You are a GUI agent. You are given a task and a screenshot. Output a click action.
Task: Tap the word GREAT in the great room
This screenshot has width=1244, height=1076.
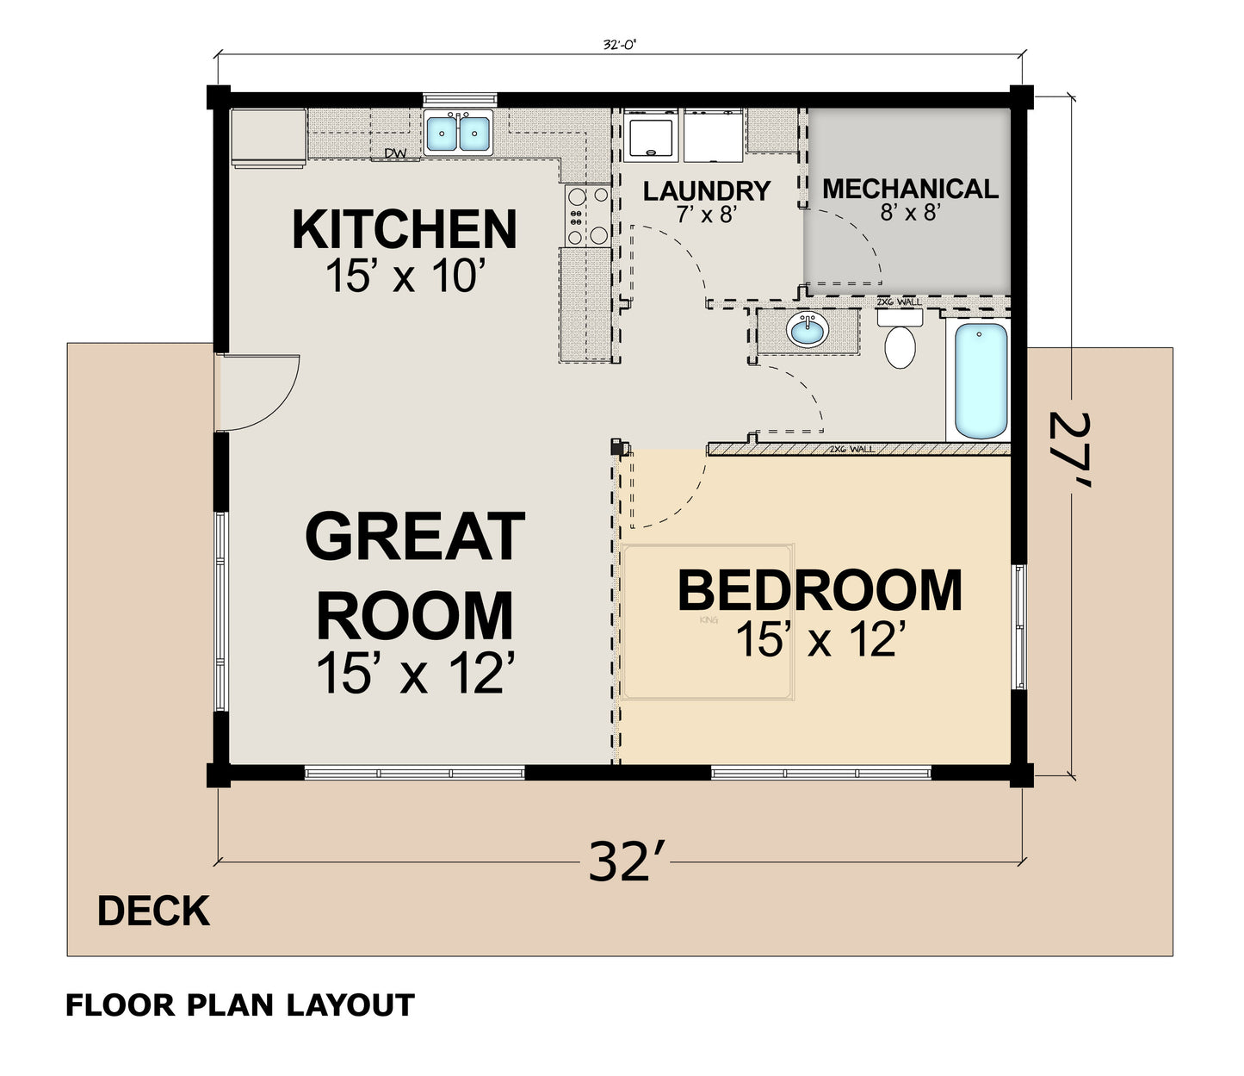[415, 536]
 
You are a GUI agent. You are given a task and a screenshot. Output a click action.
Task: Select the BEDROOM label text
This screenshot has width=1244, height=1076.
[819, 591]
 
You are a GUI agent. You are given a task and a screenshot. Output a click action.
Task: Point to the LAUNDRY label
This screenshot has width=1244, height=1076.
[706, 190]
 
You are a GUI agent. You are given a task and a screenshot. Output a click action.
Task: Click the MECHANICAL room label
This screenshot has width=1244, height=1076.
[910, 189]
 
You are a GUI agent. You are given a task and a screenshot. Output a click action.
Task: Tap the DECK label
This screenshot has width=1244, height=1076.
[153, 911]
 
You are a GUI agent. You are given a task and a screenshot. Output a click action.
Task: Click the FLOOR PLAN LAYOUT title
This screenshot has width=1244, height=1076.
[240, 1004]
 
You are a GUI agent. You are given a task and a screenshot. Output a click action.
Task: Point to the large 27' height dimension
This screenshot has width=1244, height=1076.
[1070, 450]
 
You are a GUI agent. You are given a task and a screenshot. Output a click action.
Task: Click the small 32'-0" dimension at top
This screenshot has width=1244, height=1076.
[619, 46]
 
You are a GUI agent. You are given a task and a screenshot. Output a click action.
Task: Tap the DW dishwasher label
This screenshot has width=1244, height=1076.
[395, 153]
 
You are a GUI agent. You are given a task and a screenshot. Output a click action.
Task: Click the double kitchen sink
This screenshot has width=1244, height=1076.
[459, 133]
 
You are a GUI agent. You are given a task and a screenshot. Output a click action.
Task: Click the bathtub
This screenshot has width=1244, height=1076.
[981, 380]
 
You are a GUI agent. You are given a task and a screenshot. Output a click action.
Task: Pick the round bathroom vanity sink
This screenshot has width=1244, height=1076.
[808, 330]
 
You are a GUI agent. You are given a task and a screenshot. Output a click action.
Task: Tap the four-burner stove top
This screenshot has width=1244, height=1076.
[587, 215]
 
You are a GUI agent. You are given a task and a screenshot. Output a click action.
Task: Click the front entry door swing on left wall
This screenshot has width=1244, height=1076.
[258, 392]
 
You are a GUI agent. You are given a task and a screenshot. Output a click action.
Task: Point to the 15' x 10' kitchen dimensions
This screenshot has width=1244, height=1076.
[405, 277]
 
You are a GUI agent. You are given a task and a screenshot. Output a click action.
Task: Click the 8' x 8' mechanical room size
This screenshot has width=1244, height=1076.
[908, 212]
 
